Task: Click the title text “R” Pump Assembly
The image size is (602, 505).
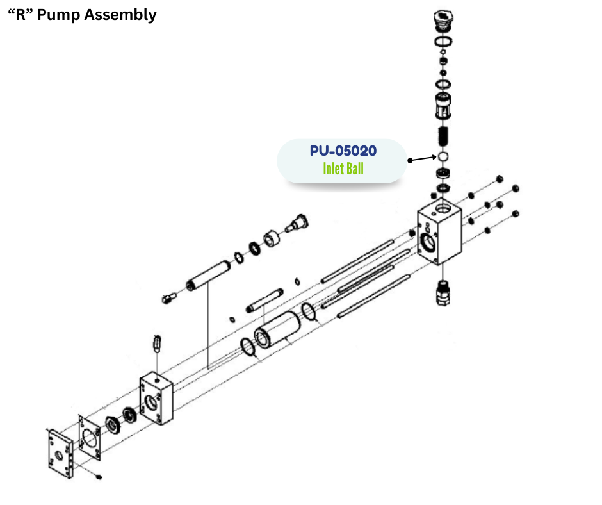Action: [x=82, y=15]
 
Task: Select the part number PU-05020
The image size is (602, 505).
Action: [x=343, y=151]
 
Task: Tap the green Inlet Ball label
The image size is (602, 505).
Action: [x=343, y=169]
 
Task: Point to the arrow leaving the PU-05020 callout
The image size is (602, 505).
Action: [x=421, y=158]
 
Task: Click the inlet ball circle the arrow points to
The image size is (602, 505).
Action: [x=441, y=156]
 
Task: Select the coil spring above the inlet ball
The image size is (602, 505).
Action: [x=442, y=135]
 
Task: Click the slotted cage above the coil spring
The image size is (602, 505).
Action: [x=442, y=104]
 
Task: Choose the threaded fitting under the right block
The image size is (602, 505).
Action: [x=441, y=292]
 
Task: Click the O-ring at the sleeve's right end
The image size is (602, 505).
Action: [x=309, y=311]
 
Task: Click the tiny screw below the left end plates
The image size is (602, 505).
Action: [x=99, y=477]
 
